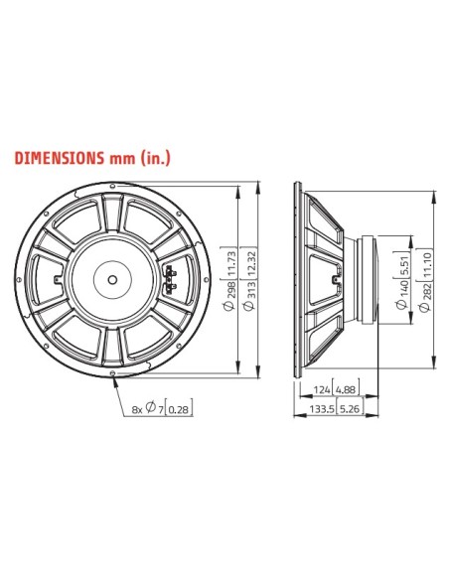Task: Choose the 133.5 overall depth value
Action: (320, 408)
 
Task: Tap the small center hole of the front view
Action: (115, 275)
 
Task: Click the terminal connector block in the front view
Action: (165, 275)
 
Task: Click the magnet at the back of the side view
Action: (370, 276)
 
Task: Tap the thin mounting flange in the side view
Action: (298, 276)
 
